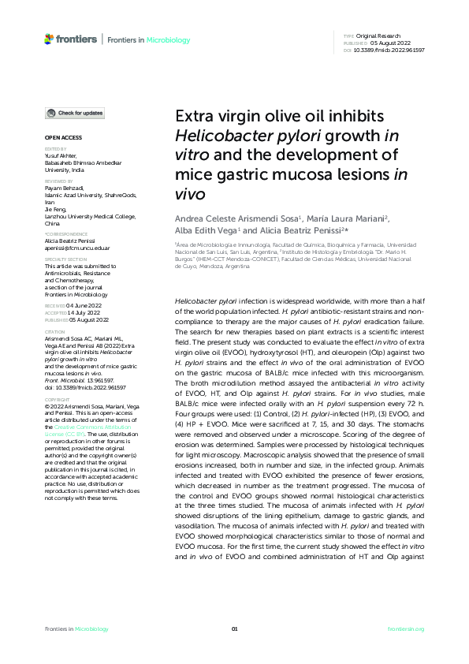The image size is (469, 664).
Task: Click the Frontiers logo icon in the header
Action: click(50, 39)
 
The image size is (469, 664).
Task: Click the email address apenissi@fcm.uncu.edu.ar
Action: click(77, 247)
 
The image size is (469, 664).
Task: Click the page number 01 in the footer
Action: click(234, 629)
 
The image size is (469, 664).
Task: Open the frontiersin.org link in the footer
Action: click(407, 629)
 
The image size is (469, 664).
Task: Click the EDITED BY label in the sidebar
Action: click(56, 148)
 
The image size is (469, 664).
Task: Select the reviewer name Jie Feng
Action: click(56, 207)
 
